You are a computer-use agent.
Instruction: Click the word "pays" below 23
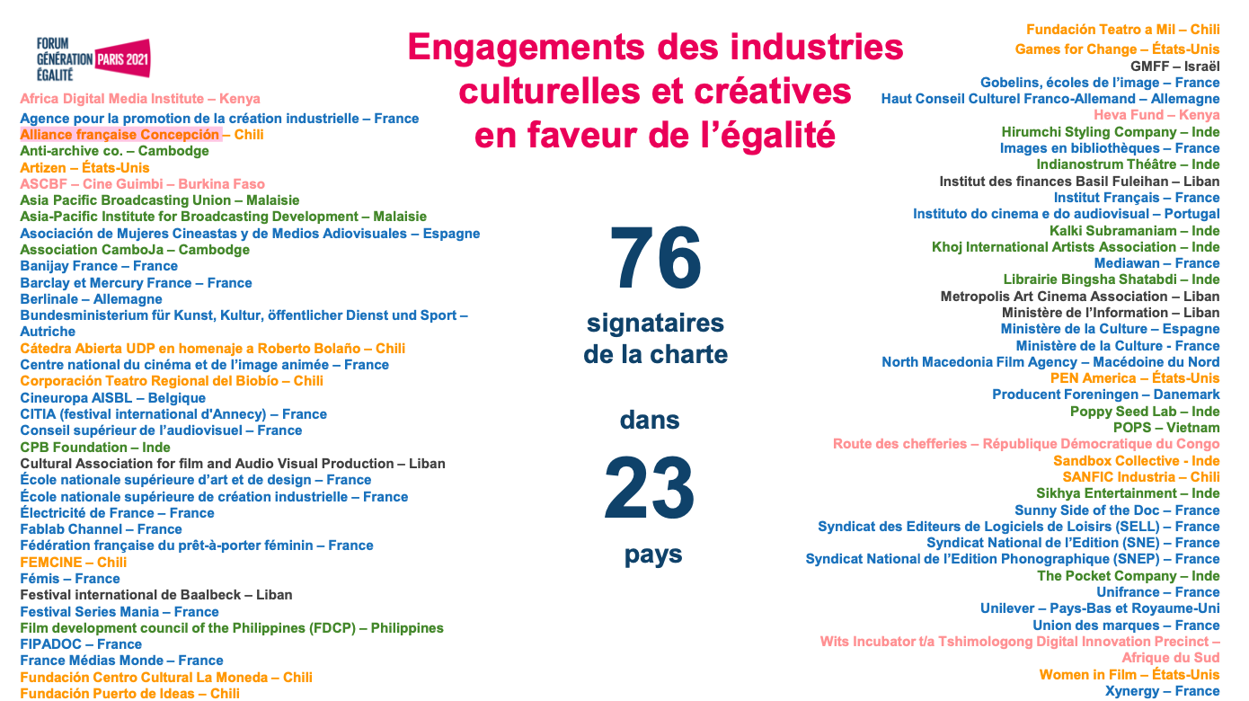[653, 555]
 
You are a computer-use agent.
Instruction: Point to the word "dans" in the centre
[650, 420]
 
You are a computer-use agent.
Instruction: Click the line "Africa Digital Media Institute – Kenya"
[140, 99]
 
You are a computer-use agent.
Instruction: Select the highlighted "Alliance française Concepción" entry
[120, 135]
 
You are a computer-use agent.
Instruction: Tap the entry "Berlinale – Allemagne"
[91, 299]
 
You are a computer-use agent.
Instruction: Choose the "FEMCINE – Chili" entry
[74, 562]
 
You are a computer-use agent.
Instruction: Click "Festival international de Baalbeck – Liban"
[155, 595]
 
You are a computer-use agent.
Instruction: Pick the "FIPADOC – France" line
[81, 644]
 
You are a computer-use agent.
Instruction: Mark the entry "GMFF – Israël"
[1175, 66]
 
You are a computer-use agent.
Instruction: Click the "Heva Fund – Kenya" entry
[1156, 115]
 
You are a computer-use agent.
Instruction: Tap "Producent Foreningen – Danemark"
[1105, 395]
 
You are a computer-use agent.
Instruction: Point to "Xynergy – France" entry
[1162, 691]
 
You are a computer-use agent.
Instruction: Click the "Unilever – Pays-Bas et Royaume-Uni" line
[1100, 608]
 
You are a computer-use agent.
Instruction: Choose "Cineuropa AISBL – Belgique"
[113, 398]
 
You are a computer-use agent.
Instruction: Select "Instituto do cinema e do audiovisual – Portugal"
[1066, 214]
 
